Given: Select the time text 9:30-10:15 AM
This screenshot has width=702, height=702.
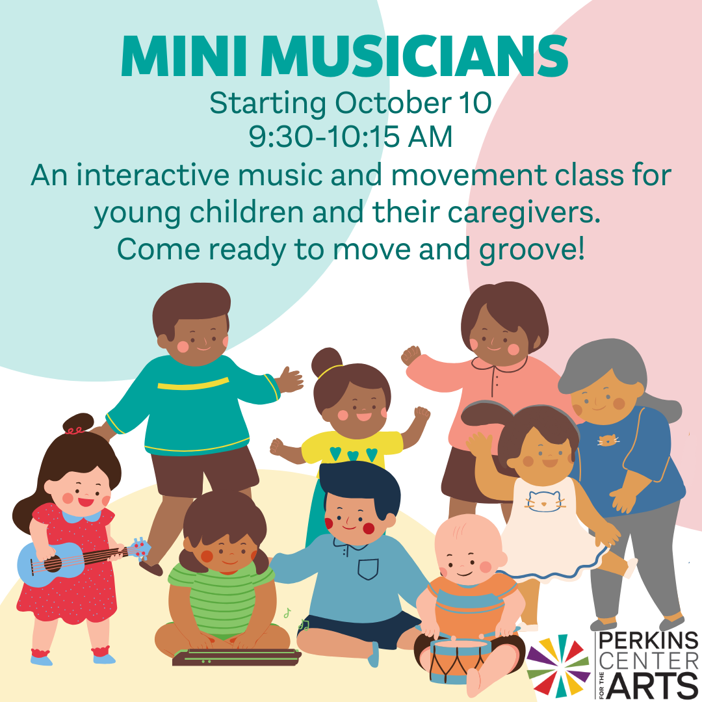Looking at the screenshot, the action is pyautogui.click(x=350, y=136).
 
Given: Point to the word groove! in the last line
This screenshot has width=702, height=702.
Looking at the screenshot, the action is pyautogui.click(x=532, y=250).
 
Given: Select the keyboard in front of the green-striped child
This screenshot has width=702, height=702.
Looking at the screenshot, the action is pyautogui.click(x=237, y=656).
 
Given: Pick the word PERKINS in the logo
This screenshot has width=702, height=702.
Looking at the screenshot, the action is pyautogui.click(x=649, y=641).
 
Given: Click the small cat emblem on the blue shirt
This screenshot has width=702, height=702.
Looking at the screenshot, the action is pyautogui.click(x=609, y=440).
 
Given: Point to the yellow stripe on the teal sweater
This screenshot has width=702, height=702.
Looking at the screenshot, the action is pyautogui.click(x=193, y=383).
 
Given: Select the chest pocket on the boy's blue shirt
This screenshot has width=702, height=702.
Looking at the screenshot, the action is pyautogui.click(x=368, y=569).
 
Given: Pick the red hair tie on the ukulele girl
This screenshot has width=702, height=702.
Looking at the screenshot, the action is pyautogui.click(x=75, y=431).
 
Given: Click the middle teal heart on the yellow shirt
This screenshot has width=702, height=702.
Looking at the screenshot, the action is pyautogui.click(x=353, y=455).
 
